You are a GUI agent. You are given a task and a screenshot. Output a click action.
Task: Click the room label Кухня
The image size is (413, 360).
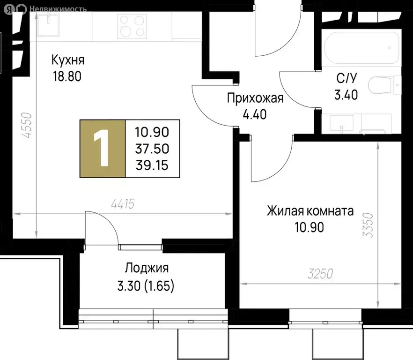coord(68,60)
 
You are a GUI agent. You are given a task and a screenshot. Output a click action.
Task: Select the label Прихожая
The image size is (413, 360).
coord(255,98)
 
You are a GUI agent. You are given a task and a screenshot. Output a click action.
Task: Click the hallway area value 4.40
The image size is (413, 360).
coord(254,114)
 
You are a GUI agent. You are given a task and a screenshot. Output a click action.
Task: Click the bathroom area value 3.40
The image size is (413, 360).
coord(346,95)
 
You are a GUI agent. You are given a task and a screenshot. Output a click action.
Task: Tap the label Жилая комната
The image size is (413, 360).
coord(310,211)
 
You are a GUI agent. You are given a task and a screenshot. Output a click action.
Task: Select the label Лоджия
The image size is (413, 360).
coord(146,269)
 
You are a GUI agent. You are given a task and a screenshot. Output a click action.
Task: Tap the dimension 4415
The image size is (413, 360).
coord(123,204)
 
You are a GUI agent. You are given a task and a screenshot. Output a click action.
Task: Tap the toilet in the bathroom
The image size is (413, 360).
coord(384,86)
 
